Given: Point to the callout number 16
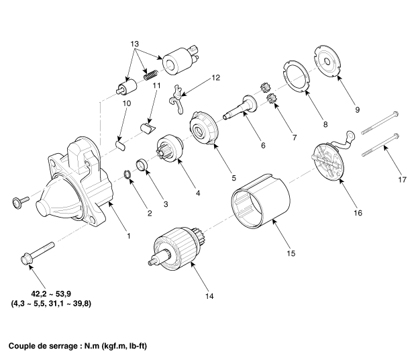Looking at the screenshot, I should [358, 213].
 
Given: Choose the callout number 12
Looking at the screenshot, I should [215, 78].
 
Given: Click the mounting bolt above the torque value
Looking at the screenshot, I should [38, 253].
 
